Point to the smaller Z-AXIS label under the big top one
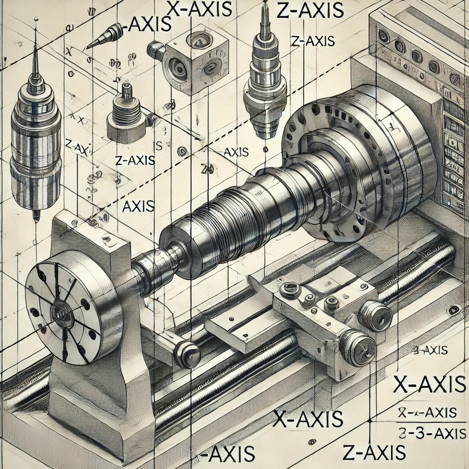click(312, 41)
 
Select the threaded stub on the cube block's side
click(156, 50)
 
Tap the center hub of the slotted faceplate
click(59, 315)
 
